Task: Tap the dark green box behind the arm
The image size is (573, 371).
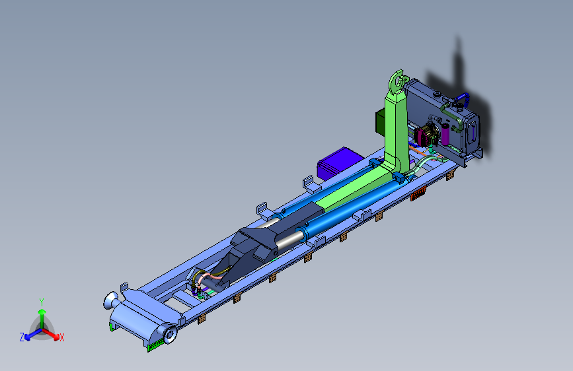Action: pyautogui.click(x=381, y=122)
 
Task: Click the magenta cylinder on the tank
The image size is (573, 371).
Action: pyautogui.click(x=445, y=134)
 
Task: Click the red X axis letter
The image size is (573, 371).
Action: pyautogui.click(x=61, y=337)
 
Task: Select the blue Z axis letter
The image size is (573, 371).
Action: pyautogui.click(x=22, y=337)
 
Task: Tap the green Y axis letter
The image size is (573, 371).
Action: pyautogui.click(x=42, y=302)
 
